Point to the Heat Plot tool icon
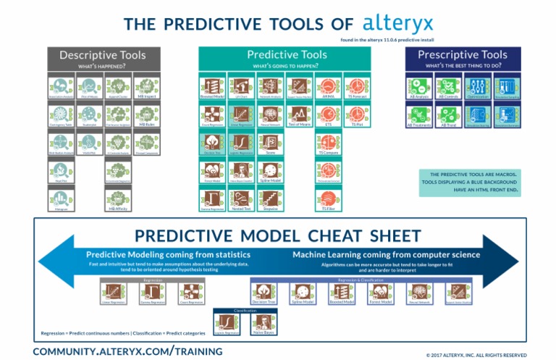(x=62, y=171)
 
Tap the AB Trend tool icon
(x=449, y=114)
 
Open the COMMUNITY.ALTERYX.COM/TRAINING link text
(x=127, y=351)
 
